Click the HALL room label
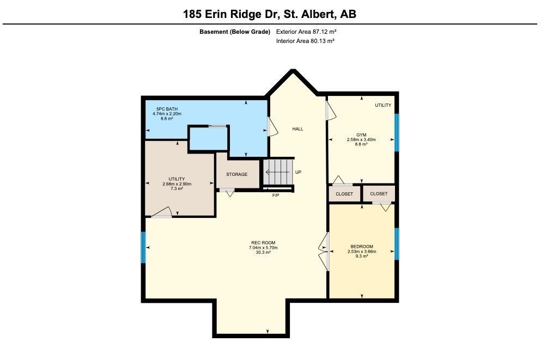point(298,129)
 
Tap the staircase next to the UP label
point(278,172)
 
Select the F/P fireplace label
point(276,196)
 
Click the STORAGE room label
point(236,174)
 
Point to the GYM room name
point(361,135)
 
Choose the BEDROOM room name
point(362,247)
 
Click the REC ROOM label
point(263,243)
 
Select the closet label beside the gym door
point(344,194)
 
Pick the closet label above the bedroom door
point(379,194)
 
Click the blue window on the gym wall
point(397,132)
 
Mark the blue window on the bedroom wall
point(397,244)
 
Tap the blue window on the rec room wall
point(143,247)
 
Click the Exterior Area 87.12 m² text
point(306,32)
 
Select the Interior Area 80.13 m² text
point(305,41)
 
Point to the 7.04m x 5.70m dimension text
point(263,248)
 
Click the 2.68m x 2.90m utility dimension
point(177,184)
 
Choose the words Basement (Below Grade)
point(235,32)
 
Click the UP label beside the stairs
point(298,172)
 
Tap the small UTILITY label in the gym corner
point(383,105)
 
